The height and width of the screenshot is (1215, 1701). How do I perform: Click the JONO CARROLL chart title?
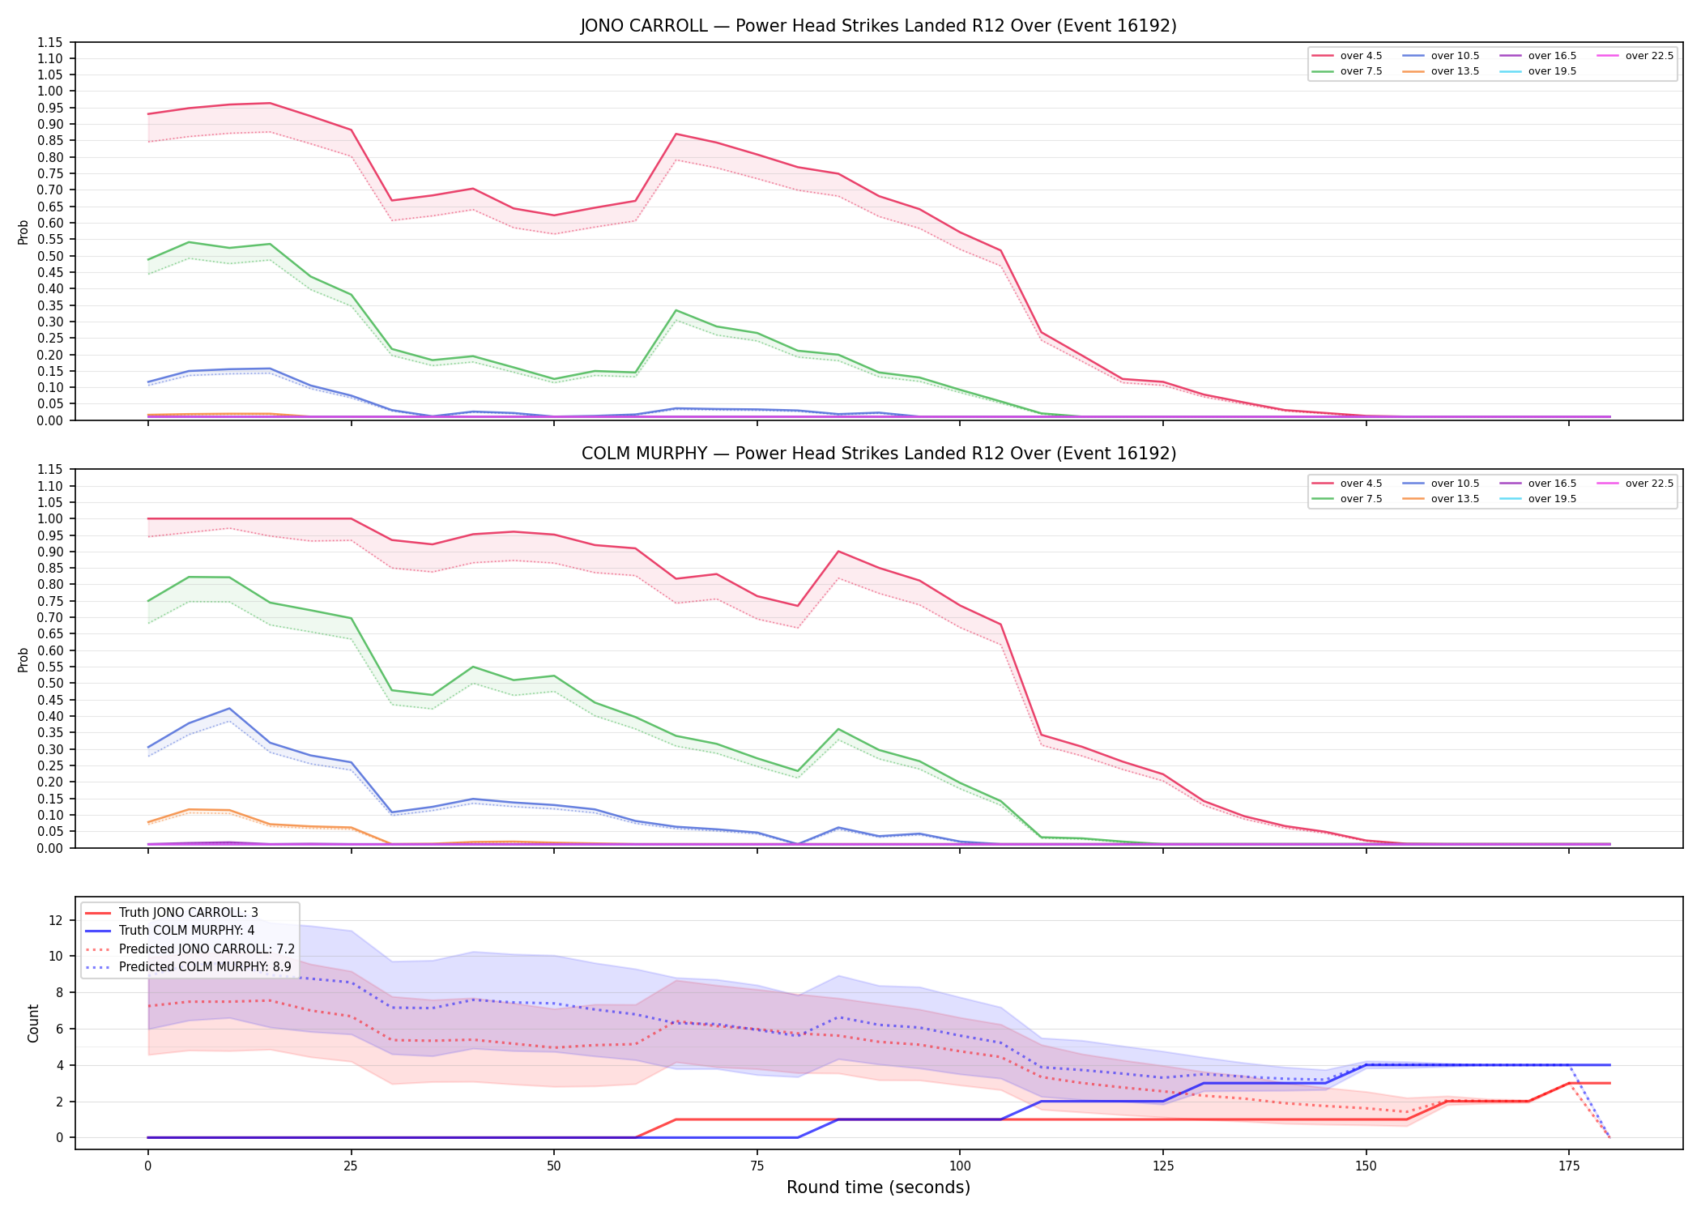[878, 26]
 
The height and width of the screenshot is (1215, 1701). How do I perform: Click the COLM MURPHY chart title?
[878, 454]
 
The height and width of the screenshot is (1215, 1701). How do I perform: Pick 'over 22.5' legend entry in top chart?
[1635, 56]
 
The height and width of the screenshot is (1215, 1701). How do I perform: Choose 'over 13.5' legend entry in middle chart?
[1441, 499]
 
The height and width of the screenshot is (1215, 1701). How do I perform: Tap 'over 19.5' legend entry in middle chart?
[1538, 499]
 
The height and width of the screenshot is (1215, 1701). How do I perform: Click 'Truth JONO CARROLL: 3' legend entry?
[172, 913]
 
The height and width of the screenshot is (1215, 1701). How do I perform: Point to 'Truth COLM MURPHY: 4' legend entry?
[170, 931]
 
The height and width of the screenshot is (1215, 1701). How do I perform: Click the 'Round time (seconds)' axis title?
[878, 1187]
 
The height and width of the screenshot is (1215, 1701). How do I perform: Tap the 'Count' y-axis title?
[33, 1023]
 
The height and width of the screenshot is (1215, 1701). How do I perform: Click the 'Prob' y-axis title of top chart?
[23, 232]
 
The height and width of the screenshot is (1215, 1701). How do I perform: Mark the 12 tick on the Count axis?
[56, 920]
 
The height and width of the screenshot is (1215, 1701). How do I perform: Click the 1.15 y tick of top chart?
[49, 42]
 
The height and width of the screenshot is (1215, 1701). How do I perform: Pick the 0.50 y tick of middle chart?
[49, 683]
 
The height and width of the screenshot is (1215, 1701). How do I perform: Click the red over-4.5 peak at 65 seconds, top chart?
[676, 134]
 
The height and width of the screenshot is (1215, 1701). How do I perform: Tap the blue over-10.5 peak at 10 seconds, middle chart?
[229, 709]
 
